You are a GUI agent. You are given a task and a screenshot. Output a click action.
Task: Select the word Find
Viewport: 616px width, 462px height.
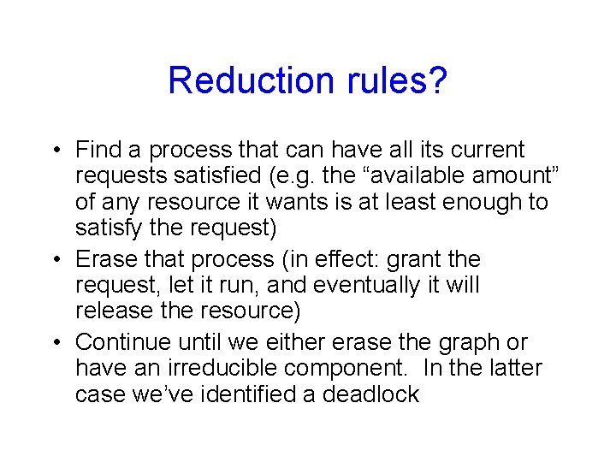point(98,151)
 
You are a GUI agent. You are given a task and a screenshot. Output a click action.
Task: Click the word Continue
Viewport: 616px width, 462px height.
point(126,342)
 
